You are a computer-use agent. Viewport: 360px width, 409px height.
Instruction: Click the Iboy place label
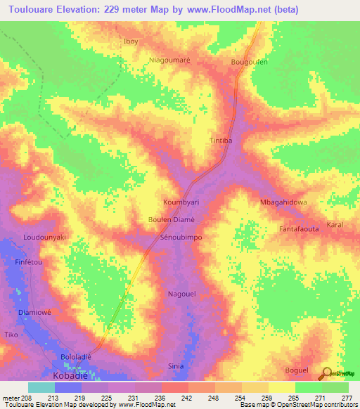131,41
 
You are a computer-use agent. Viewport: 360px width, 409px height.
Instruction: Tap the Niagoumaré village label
170,60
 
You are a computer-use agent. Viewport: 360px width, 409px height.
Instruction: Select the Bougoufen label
250,63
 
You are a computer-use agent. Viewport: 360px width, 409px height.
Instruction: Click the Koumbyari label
181,202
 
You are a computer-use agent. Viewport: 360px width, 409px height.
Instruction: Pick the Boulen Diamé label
171,219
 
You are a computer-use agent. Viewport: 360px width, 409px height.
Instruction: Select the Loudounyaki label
44,238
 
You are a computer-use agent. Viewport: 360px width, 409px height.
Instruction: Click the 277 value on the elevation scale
345,397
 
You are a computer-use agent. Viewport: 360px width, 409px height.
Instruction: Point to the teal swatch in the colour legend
41,387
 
